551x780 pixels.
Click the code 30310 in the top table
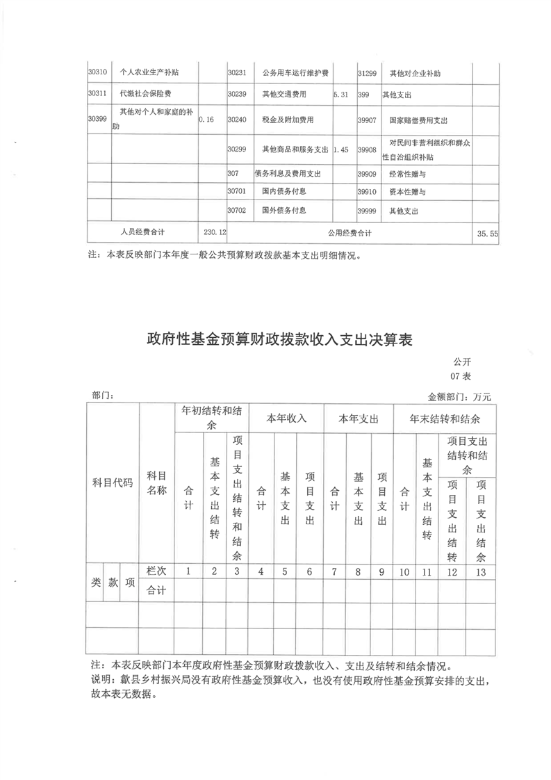[x=98, y=72]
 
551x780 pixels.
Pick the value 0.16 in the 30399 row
[x=206, y=120]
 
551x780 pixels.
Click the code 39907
[x=366, y=120]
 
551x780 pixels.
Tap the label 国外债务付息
[x=284, y=210]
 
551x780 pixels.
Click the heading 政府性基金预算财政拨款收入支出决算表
[x=280, y=340]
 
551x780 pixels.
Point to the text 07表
[x=461, y=376]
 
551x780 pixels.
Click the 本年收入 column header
[x=286, y=419]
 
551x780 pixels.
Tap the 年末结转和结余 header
[x=443, y=419]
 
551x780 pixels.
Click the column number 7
[x=334, y=571]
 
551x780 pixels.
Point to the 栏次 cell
[x=156, y=571]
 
